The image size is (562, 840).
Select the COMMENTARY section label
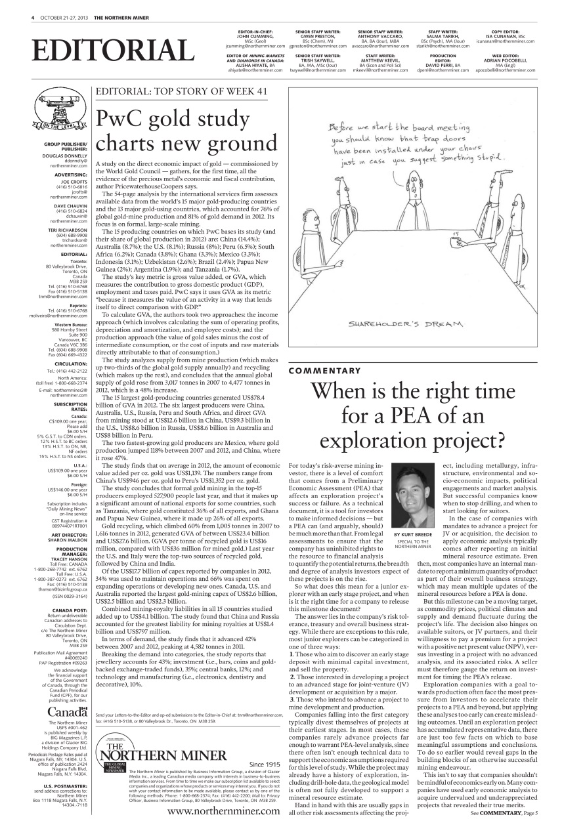point(324,371)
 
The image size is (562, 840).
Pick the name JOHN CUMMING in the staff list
point(254,36)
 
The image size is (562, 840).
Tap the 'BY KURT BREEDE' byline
point(412,535)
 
